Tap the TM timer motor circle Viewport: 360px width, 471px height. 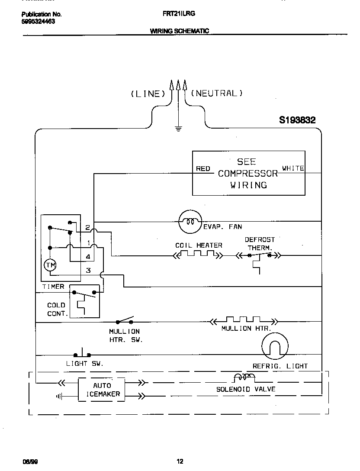50,265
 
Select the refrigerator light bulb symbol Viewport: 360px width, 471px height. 275,346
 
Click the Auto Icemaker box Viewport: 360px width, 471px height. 102,390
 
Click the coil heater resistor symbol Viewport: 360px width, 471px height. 198,255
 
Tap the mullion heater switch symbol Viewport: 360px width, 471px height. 124,321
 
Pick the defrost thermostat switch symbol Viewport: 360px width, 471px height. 259,256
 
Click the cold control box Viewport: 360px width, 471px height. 84,301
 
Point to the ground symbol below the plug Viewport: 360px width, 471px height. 178,128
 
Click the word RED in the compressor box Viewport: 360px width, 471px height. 203,169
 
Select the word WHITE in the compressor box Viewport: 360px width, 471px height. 293,168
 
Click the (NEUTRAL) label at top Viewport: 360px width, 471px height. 217,93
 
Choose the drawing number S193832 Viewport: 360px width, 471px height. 297,120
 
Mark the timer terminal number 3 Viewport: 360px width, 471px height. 88,271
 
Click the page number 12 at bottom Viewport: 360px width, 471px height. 180,461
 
